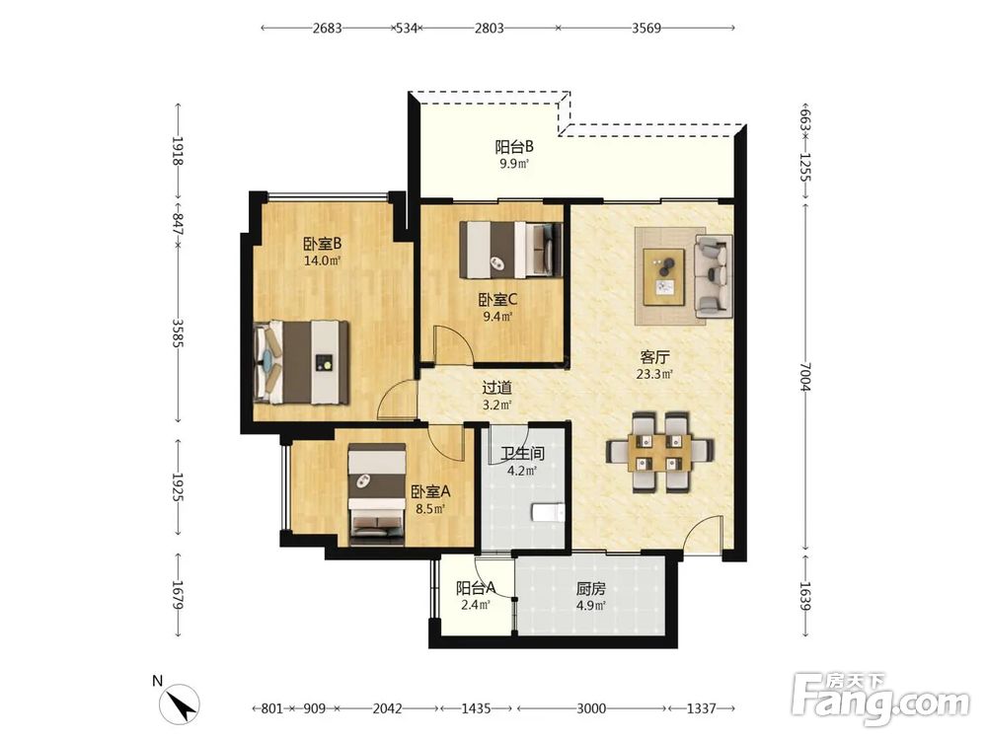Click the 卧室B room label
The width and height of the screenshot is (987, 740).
[x=323, y=243]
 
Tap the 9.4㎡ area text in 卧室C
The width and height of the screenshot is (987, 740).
[x=497, y=317]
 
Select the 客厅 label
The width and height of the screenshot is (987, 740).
[x=654, y=357]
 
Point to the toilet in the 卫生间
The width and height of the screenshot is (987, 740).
[x=548, y=513]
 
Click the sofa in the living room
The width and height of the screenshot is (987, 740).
[x=714, y=276]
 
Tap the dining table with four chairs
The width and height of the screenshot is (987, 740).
[x=659, y=451]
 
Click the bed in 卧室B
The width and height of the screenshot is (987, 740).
[x=301, y=362]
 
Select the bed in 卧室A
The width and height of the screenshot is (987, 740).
[x=377, y=494]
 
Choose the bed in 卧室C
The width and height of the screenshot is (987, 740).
[x=510, y=250]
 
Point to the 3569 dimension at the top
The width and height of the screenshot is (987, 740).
[x=646, y=28]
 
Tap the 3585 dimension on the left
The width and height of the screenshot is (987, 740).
[x=178, y=334]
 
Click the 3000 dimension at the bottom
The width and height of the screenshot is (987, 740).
[x=591, y=708]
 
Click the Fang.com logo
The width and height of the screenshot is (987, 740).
[x=880, y=701]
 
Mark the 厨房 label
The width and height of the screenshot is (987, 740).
[x=590, y=588]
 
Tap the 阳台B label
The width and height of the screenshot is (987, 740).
[x=514, y=147]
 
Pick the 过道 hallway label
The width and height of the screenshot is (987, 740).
[x=496, y=388]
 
